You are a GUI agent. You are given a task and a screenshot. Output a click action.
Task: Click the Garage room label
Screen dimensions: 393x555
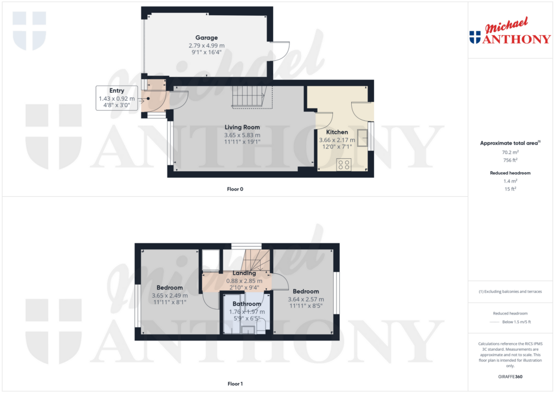(x=206, y=38)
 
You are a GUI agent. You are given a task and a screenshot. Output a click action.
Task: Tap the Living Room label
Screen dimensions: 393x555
(x=242, y=127)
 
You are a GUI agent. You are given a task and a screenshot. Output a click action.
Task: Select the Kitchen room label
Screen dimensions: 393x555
(x=337, y=132)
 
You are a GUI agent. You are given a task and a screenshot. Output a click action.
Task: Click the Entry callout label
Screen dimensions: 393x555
(x=117, y=91)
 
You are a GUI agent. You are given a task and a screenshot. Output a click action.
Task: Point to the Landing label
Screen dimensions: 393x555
(x=244, y=273)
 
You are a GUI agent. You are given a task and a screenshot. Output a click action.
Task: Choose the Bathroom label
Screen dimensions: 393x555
(x=247, y=304)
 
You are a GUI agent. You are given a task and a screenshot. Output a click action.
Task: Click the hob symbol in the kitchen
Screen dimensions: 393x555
(x=343, y=164)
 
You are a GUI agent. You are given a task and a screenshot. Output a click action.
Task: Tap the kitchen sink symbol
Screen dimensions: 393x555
(x=362, y=139)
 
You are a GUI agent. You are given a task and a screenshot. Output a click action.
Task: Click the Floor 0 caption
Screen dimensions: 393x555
(x=235, y=189)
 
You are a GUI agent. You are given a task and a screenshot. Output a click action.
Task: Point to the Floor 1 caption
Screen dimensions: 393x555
(x=235, y=384)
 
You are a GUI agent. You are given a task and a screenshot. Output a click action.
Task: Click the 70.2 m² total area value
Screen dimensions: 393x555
(x=509, y=153)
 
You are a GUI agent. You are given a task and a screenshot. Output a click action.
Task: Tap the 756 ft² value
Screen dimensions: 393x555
(x=509, y=160)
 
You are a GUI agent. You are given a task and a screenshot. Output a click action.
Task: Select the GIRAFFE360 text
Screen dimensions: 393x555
(x=509, y=376)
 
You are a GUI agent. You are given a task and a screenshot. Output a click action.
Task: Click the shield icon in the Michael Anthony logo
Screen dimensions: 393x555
(x=475, y=37)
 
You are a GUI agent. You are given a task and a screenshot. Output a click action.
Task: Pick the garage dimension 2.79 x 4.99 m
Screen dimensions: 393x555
(x=206, y=46)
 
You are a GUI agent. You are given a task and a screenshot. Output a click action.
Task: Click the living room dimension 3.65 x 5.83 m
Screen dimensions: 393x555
(x=242, y=135)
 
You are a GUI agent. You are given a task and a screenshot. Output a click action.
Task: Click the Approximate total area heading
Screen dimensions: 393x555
(x=509, y=143)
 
